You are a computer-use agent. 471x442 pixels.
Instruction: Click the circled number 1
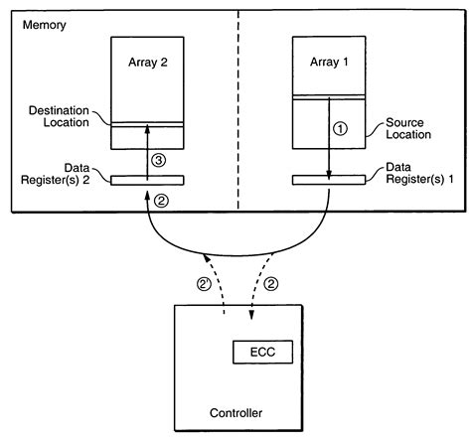pos(341,128)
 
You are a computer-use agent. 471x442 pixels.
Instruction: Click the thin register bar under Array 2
pos(146,180)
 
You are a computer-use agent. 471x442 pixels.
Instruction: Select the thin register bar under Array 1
pos(327,180)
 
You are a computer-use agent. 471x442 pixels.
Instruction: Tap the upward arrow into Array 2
pos(146,149)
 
